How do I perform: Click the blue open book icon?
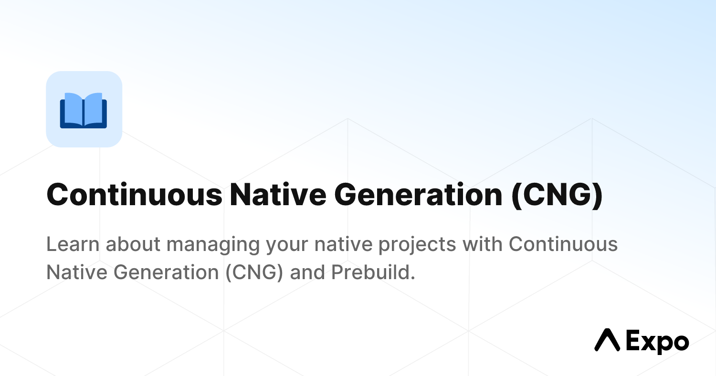click(x=84, y=110)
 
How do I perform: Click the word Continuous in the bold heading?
click(x=134, y=196)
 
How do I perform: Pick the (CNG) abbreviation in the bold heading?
click(x=557, y=196)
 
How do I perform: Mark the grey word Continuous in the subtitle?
click(x=563, y=244)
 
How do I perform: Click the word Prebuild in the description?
click(x=371, y=272)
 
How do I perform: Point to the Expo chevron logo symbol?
click(x=607, y=340)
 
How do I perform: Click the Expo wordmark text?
click(x=657, y=342)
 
